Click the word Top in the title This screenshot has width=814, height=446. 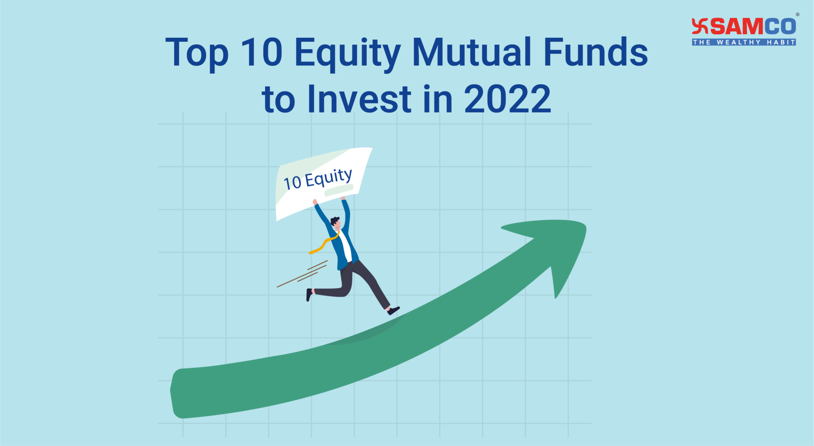tap(197, 52)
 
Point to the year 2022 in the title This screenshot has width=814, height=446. tap(507, 99)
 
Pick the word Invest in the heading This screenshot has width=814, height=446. tap(359, 99)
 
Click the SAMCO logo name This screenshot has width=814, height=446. tap(753, 27)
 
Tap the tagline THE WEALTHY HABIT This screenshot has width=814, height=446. tap(744, 42)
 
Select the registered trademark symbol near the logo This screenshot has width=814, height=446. tap(797, 15)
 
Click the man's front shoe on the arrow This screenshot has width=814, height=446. tap(393, 310)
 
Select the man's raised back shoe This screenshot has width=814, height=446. tap(309, 295)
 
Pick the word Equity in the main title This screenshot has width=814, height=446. tap(347, 53)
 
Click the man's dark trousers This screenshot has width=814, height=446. tap(358, 278)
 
